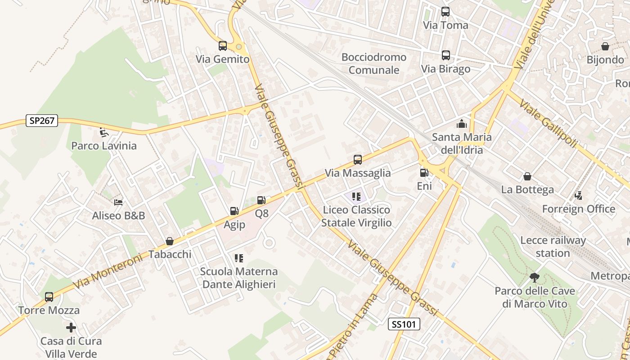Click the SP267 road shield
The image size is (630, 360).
(x=42, y=121)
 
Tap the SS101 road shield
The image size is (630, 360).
(x=404, y=324)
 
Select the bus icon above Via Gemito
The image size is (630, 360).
(x=223, y=46)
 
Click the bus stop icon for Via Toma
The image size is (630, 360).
(x=445, y=12)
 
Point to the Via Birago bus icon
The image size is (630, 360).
(x=445, y=55)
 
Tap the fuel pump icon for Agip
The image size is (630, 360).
(x=234, y=211)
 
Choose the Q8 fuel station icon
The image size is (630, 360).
(x=261, y=200)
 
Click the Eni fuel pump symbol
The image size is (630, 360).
(x=424, y=172)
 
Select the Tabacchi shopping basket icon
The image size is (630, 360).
(x=170, y=241)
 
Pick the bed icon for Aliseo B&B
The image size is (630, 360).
(x=118, y=202)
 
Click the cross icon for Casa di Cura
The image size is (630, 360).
(x=71, y=328)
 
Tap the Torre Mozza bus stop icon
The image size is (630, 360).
(x=49, y=297)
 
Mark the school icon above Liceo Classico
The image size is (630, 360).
(x=356, y=196)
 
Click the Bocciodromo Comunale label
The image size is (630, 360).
(x=374, y=63)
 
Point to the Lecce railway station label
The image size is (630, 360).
(x=553, y=247)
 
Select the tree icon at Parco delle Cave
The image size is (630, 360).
(x=535, y=278)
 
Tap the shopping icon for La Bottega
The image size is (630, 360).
(x=527, y=176)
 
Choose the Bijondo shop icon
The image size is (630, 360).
(x=605, y=46)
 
